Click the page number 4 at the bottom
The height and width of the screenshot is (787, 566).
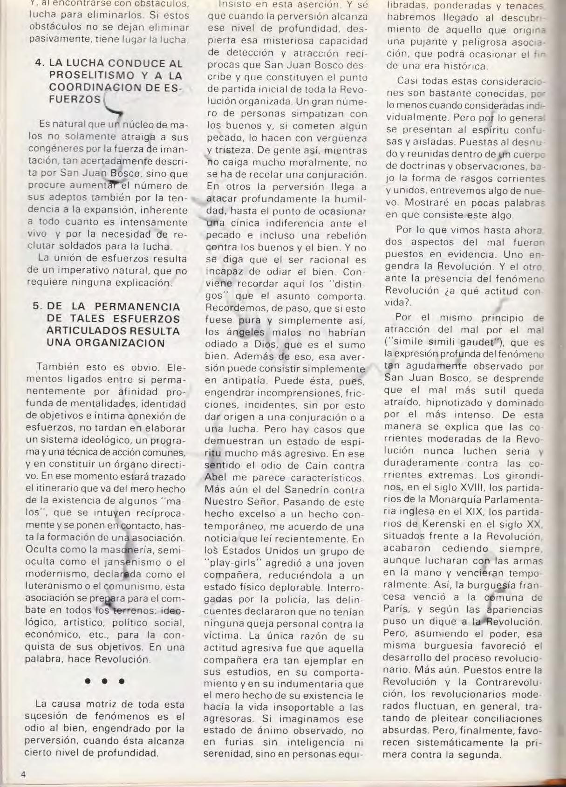(x=22, y=773)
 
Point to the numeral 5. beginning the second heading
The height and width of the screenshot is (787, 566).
(x=37, y=307)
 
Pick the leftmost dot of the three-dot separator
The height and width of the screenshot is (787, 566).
(x=87, y=681)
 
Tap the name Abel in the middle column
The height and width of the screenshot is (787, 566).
(x=217, y=478)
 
